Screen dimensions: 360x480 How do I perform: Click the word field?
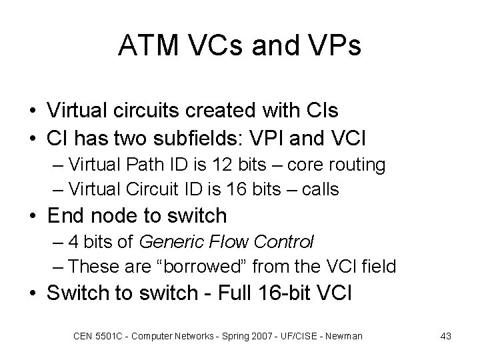(377, 267)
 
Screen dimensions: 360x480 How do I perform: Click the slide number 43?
(446, 336)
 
